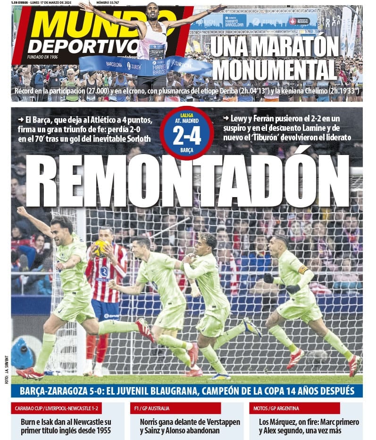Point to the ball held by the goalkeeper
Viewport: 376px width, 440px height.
click(x=100, y=248)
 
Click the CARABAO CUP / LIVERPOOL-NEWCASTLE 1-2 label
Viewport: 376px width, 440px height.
click(x=56, y=408)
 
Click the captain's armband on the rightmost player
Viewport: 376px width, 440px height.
click(x=302, y=270)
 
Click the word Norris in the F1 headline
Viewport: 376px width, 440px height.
click(x=151, y=422)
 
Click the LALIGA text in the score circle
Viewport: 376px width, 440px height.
click(x=186, y=115)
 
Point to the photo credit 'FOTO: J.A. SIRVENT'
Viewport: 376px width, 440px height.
click(x=7, y=369)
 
